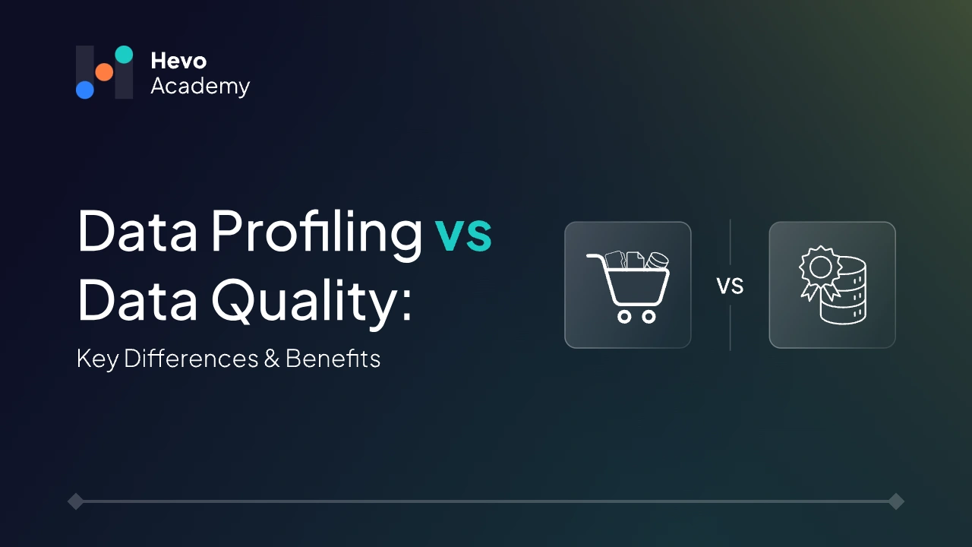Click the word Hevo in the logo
178,61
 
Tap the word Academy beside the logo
200,87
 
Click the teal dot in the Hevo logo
124,55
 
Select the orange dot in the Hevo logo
104,72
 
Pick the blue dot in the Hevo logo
85,90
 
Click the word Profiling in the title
316,232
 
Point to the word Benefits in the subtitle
333,358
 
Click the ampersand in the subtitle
272,359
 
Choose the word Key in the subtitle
97,359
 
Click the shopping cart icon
628,285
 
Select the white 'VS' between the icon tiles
730,286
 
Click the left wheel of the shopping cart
624,316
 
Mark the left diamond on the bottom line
75,501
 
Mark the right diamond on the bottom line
896,501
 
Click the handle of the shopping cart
595,258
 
